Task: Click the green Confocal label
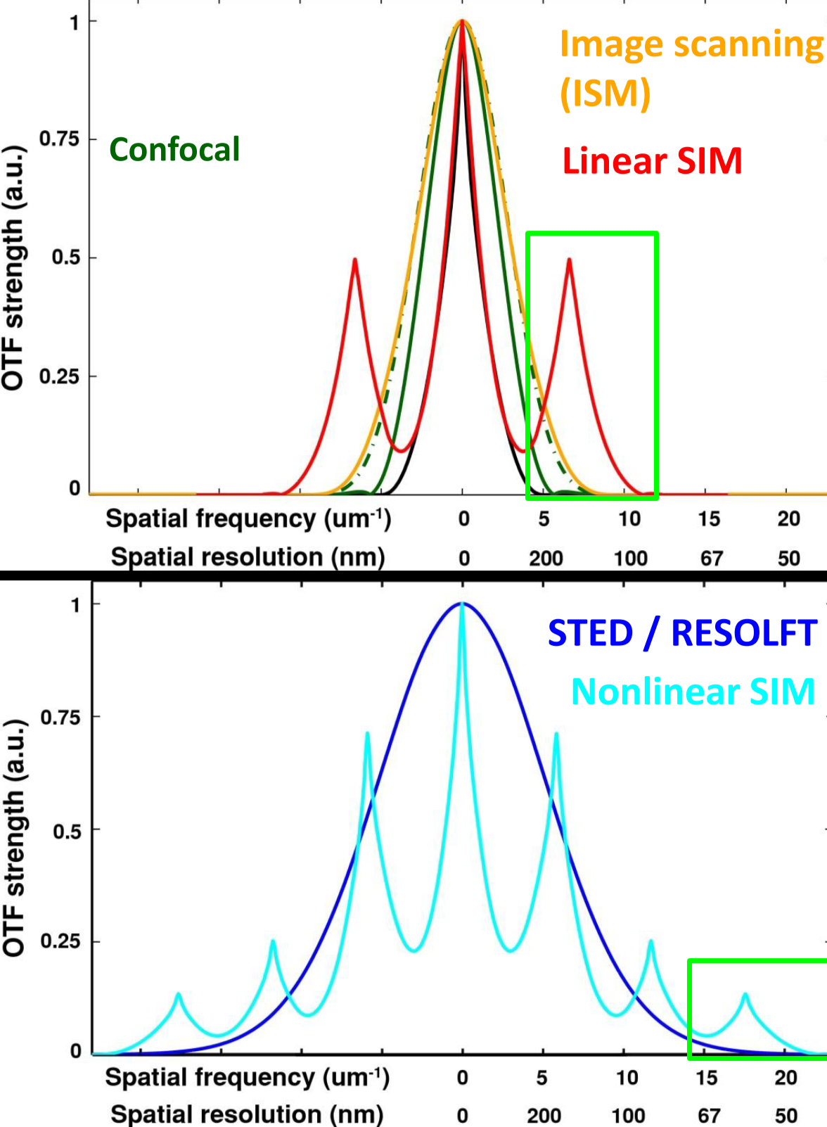[x=174, y=150]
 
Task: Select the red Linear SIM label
[x=652, y=161]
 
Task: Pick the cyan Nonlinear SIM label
[x=693, y=692]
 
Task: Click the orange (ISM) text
[x=605, y=93]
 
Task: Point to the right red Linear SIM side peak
[x=569, y=260]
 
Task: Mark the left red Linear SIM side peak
[x=355, y=260]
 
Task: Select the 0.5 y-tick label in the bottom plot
[x=66, y=831]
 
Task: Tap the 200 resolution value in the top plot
[x=546, y=559]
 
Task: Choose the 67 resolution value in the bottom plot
[x=709, y=1116]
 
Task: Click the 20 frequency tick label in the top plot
[x=788, y=519]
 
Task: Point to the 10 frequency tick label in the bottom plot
[x=627, y=1078]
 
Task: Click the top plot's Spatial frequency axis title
[x=248, y=519]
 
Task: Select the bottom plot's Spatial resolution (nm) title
[x=247, y=1114]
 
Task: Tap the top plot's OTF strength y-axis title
[x=13, y=268]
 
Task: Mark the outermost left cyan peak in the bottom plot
[x=179, y=995]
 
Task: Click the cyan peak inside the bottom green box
[x=745, y=995]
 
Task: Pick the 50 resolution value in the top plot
[x=788, y=559]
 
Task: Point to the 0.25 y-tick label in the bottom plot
[x=60, y=941]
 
